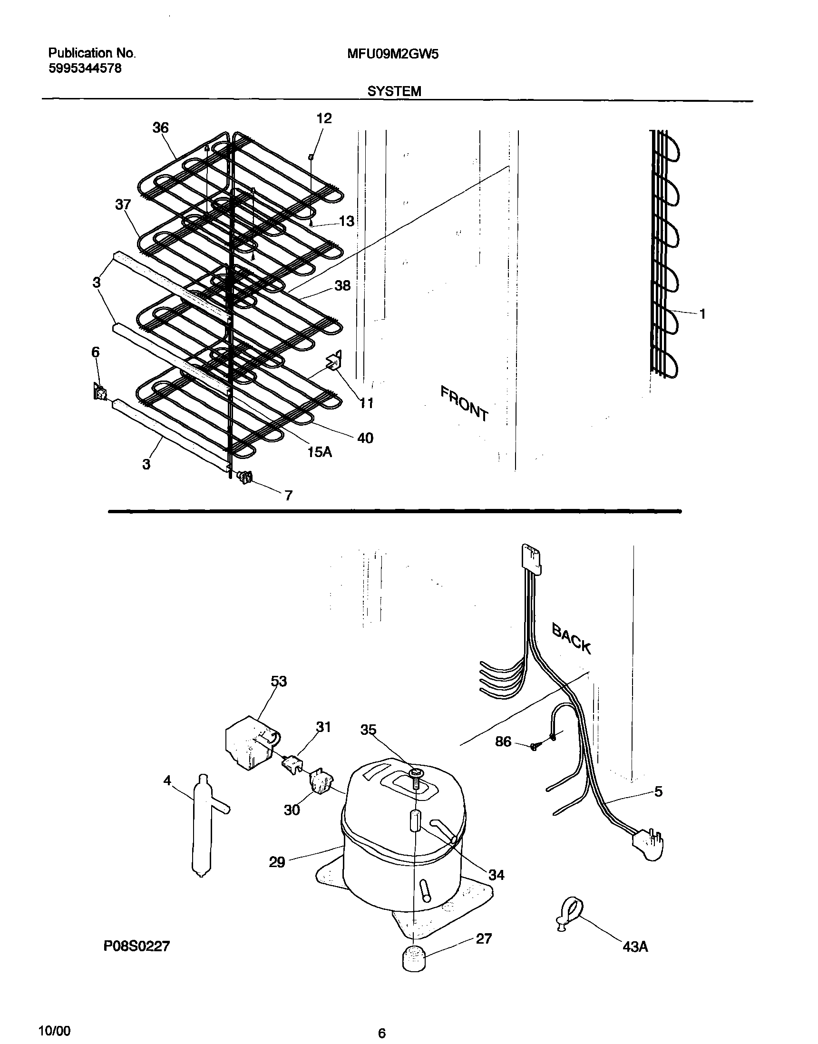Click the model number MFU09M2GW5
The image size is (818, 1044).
[x=392, y=55]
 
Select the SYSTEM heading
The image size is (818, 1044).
[x=394, y=91]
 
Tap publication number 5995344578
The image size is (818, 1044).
[x=85, y=68]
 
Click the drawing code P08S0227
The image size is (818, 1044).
[x=136, y=946]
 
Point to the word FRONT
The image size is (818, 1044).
[x=464, y=404]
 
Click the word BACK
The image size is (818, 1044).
[x=571, y=638]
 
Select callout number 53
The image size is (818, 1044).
[x=278, y=681]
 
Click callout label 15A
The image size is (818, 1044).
[x=320, y=451]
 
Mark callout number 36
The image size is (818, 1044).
[x=160, y=128]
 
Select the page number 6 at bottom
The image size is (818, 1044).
[x=382, y=1031]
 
